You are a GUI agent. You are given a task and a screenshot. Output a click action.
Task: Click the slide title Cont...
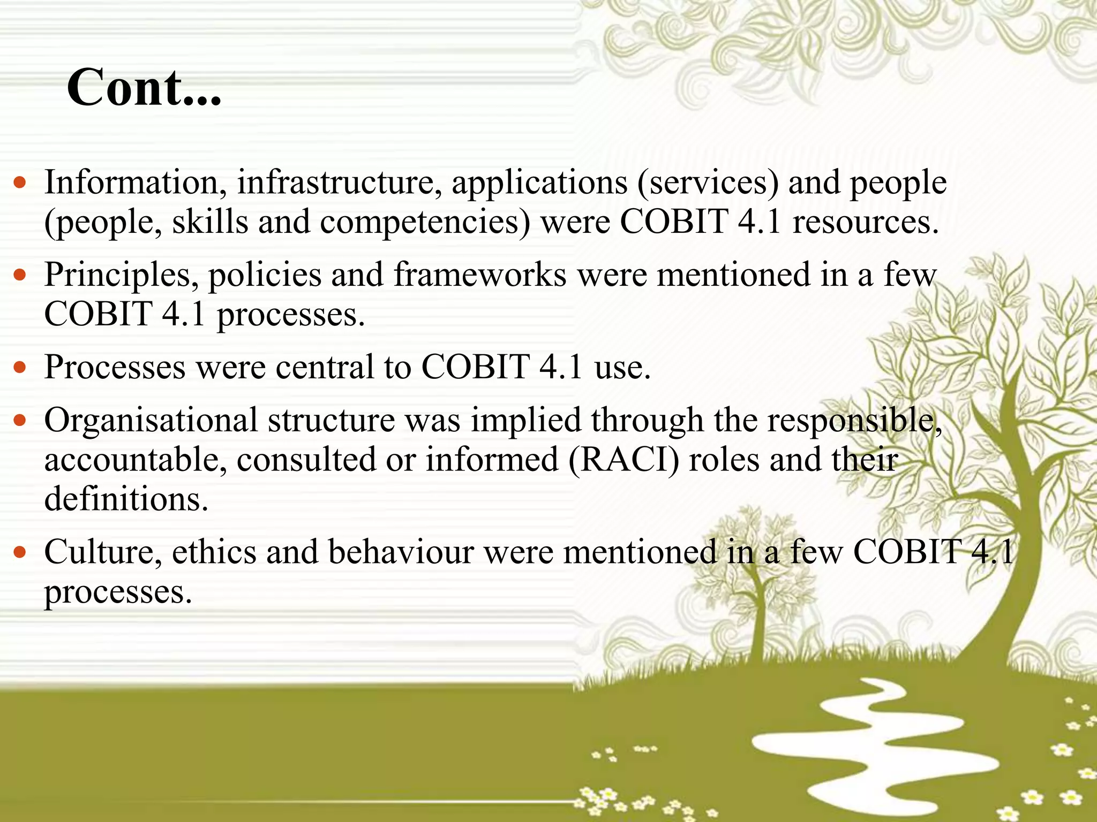pos(144,88)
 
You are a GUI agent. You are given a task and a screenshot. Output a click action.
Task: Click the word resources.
pos(866,222)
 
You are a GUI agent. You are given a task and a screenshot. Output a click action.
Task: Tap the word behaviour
pos(401,552)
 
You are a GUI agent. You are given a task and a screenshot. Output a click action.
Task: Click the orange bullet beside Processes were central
pos(20,368)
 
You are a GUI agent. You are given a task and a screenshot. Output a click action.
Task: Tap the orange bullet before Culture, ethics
pos(20,553)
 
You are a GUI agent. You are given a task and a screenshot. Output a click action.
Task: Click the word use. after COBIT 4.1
pos(622,368)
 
